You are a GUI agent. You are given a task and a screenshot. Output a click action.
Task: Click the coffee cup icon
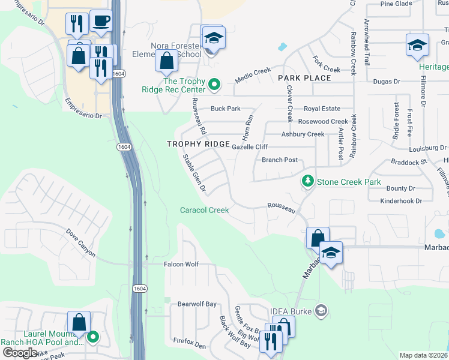tap(101, 22)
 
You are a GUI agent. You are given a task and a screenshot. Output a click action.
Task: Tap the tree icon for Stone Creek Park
tap(307, 181)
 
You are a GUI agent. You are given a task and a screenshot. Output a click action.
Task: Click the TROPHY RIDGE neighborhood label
tap(198, 145)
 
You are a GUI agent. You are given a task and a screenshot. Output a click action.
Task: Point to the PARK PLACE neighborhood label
tap(304, 78)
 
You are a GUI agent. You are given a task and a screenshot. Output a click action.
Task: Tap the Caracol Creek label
tap(205, 210)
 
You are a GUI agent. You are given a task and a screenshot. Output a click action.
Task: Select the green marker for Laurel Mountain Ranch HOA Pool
tap(92, 337)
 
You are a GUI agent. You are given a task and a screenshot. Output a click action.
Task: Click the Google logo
tap(20, 352)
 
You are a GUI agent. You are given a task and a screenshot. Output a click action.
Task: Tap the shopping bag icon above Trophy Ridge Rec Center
tap(167, 61)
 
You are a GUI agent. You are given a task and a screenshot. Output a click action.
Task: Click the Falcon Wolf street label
tap(181, 264)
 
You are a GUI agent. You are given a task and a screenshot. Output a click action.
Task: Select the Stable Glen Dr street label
tap(194, 173)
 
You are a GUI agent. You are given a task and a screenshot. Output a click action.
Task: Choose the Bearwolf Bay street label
tap(196, 304)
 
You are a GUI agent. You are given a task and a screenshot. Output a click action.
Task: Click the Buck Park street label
tap(225, 109)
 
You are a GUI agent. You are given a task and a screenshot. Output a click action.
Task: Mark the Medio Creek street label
tap(253, 71)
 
